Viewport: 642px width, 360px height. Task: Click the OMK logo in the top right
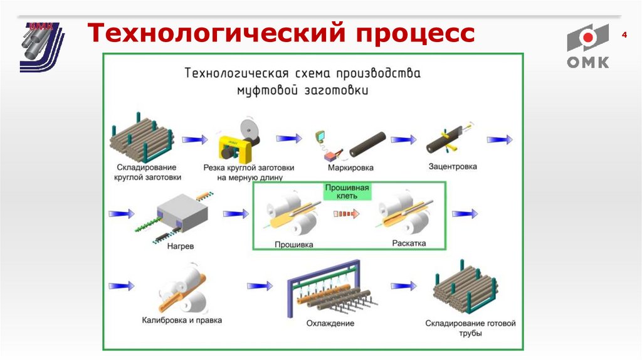tap(587, 46)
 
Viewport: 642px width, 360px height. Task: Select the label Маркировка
tap(350, 167)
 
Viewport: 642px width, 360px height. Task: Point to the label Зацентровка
tap(453, 167)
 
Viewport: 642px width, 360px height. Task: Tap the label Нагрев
tap(181, 246)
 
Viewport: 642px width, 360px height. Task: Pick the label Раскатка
tap(409, 243)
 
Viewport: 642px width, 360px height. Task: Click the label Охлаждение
tap(330, 324)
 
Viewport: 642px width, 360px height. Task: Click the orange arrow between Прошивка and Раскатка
tap(345, 214)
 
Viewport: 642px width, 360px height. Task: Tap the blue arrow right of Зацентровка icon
tap(499, 140)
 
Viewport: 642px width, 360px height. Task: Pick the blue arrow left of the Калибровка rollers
tap(122, 285)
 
